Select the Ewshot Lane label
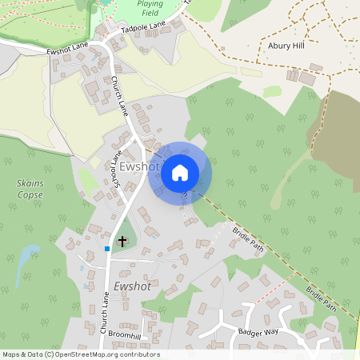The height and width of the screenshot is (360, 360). (69, 48)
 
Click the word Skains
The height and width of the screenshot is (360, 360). (30, 183)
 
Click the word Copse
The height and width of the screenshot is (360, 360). (30, 194)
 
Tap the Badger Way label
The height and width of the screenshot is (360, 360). (258, 332)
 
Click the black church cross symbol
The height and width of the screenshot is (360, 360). (122, 240)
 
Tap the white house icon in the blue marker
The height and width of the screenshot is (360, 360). (180, 172)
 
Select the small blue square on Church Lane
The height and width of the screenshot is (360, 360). (107, 249)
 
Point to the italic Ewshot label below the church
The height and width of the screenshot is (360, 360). (132, 286)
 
